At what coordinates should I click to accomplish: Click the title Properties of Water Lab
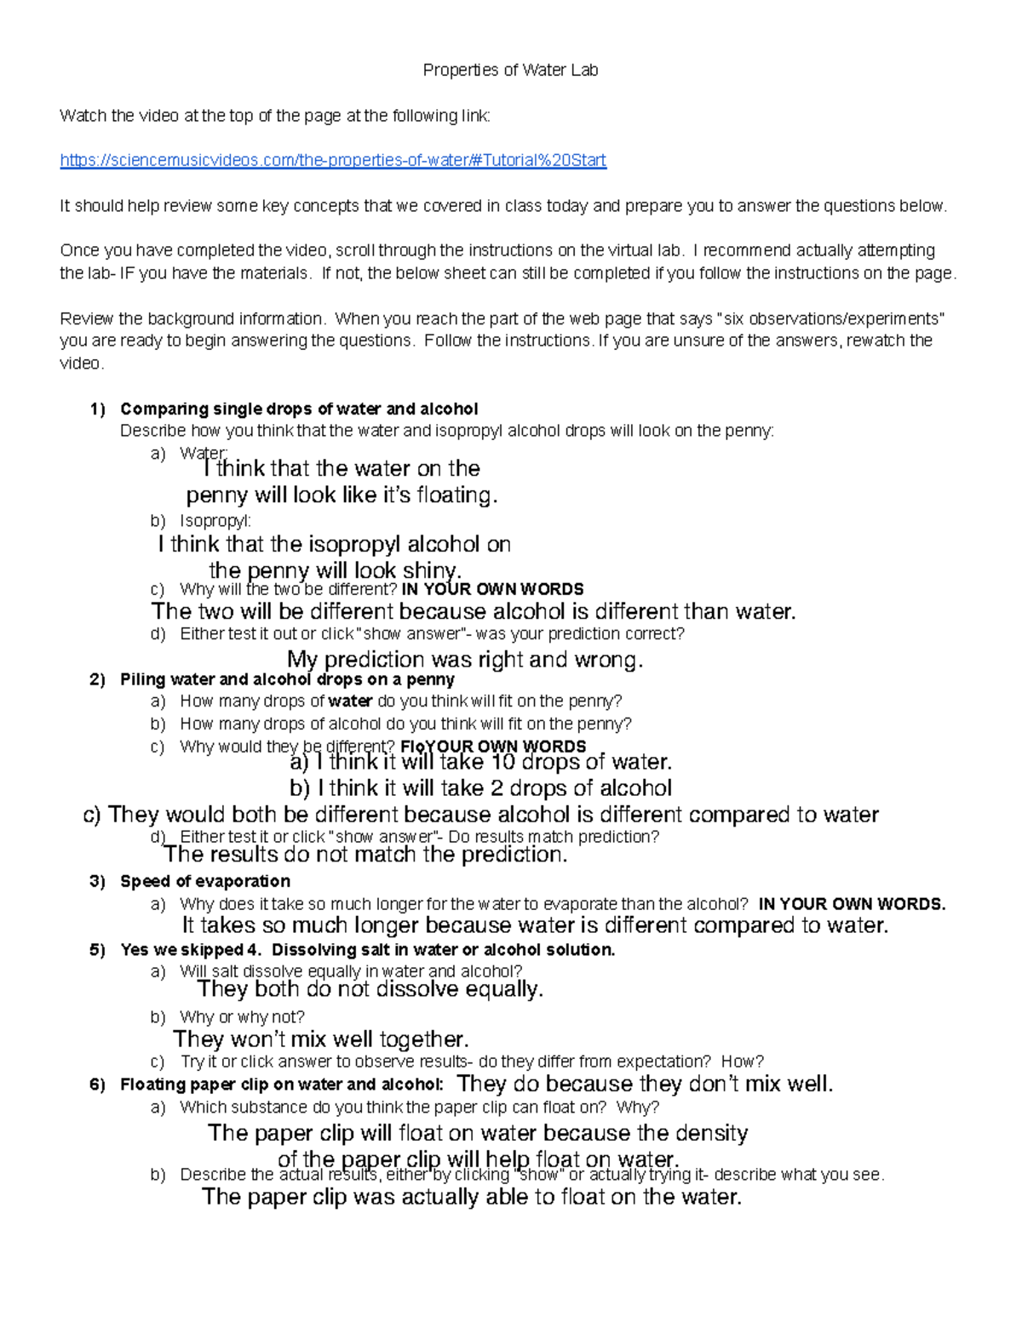pos(510,71)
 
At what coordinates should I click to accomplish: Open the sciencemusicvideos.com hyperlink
pos(333,161)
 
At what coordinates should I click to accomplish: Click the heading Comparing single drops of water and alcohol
pos(299,409)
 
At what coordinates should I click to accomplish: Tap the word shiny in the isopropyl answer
pos(431,570)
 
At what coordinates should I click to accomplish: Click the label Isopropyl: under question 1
pos(215,521)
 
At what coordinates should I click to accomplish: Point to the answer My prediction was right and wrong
pos(465,660)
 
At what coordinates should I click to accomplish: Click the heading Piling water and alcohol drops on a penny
pos(287,680)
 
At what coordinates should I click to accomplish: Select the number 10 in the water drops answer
pos(503,762)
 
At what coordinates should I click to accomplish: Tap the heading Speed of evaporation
pos(205,882)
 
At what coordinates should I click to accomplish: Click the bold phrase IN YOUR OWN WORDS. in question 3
pos(852,905)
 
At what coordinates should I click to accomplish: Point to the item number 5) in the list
pos(98,951)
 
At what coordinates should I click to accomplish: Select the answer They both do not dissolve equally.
pos(370,989)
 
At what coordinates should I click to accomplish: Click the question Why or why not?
pos(242,1017)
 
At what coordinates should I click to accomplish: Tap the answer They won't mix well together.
pos(321,1039)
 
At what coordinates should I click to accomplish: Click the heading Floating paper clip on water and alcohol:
pos(282,1085)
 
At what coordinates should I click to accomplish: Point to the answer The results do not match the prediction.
pos(365,855)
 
